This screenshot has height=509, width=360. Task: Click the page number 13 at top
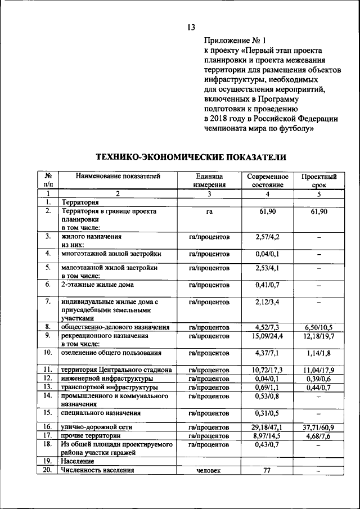[191, 27]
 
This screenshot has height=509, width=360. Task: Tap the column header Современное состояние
[268, 180]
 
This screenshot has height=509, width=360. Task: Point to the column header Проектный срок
[319, 180]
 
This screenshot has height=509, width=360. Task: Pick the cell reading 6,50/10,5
[319, 327]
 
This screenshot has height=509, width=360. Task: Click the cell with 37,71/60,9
[319, 427]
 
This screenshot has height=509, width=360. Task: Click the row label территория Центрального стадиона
[116, 370]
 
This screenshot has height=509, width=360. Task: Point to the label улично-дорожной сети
[97, 427]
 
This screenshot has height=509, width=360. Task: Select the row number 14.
[48, 396]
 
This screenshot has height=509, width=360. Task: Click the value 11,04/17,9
[319, 370]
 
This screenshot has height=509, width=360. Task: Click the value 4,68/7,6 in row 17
[319, 436]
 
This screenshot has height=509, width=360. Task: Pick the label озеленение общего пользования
[111, 353]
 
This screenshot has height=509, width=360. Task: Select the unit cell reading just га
[209, 211]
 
